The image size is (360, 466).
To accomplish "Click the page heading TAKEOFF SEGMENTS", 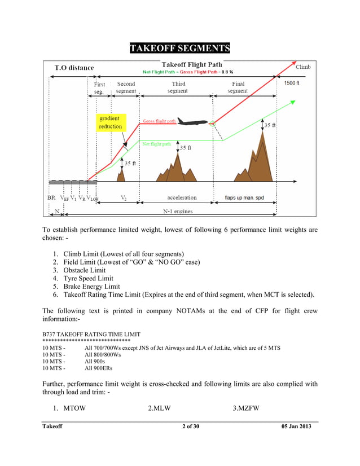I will coord(179,47).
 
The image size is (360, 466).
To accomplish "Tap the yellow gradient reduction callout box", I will coord(110,122).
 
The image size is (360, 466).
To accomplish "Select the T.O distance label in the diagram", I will coord(74,68).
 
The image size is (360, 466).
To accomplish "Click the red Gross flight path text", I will coord(159,121).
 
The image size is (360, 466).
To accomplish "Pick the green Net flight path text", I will coord(157,144).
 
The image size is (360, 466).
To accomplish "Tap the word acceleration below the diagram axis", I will coord(182,198).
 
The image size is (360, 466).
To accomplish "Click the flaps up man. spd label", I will coord(244,198).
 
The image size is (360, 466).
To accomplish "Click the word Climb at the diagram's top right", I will coord(303,67).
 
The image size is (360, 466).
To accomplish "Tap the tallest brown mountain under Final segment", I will coord(260,155).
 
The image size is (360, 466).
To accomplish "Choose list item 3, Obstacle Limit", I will coord(84,270).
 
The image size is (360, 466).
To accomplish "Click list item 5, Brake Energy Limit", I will coord(91,287).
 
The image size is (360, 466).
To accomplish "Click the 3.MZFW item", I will coord(246,408).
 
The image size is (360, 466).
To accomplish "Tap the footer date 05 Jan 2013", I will coord(296,426).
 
